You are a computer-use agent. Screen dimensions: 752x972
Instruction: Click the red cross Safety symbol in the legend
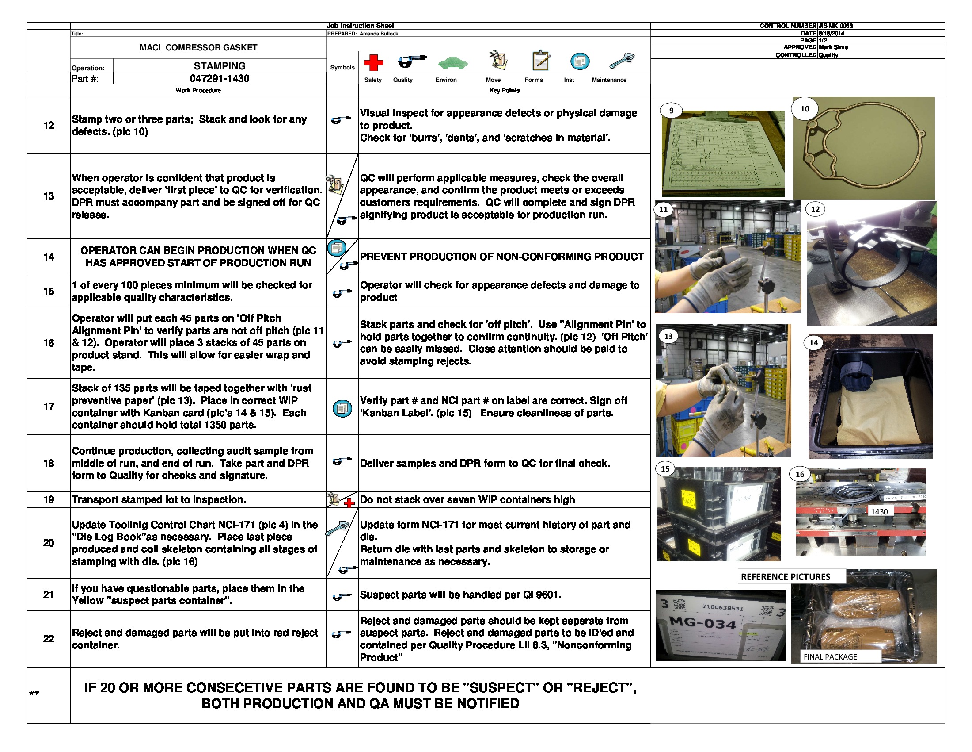coord(373,63)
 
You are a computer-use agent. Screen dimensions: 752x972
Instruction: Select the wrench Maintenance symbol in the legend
coord(622,61)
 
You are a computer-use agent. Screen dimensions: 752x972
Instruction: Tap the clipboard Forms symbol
coord(541,60)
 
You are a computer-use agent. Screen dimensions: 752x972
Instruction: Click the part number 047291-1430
coord(220,79)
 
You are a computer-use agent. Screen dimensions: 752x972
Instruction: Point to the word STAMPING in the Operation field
coord(220,66)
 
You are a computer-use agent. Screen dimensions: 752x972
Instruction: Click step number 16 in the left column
coord(49,343)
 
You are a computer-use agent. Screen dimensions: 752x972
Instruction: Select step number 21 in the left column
coord(49,595)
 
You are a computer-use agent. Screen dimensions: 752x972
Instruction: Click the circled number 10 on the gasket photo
coord(805,109)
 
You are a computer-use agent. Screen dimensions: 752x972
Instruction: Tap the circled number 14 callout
coord(813,343)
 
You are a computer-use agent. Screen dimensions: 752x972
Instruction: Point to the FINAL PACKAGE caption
coord(830,657)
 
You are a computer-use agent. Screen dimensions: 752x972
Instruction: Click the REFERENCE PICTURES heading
coord(786,577)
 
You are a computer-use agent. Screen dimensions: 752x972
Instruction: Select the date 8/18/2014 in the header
coord(831,34)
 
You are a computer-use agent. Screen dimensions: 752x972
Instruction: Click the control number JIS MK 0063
coord(835,26)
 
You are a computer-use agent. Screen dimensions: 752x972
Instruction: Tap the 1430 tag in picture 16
coord(879,512)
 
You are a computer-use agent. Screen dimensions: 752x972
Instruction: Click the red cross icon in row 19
coord(349,503)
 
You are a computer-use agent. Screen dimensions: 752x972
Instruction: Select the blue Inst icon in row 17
coord(342,409)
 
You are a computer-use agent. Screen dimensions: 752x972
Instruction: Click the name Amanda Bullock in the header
coord(379,34)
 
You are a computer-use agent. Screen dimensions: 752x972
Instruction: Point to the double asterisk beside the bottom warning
coord(34,694)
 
